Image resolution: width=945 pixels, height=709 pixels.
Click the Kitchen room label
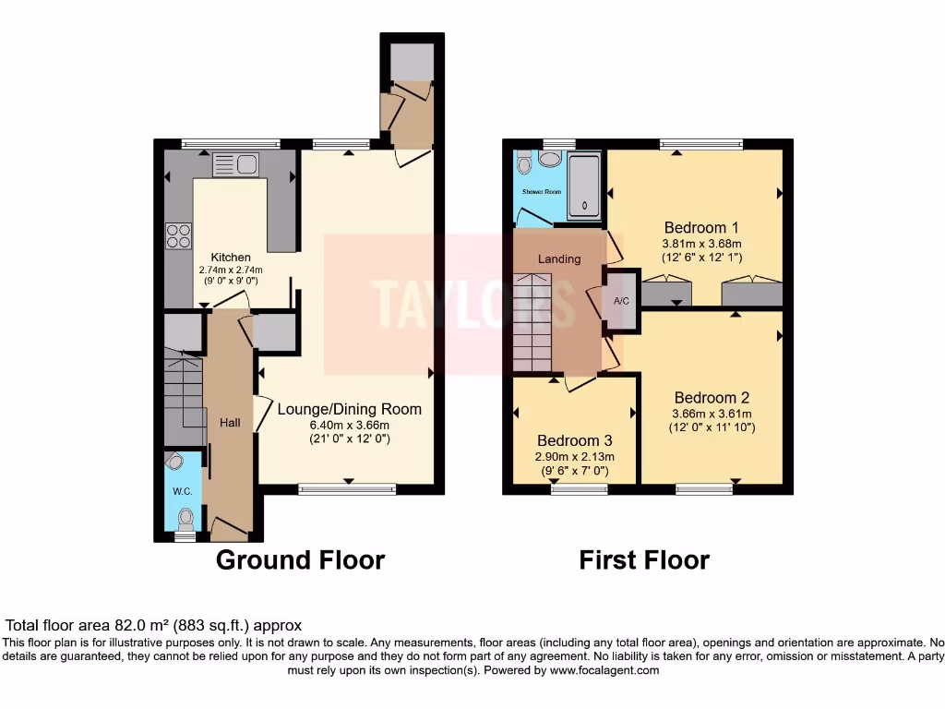tap(231, 258)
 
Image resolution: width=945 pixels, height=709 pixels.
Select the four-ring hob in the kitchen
tap(178, 237)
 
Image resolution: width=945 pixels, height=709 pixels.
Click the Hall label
tap(230, 423)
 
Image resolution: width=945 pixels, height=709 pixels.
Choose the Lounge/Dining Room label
tap(349, 409)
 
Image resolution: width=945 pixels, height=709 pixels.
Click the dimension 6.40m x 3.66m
tap(349, 425)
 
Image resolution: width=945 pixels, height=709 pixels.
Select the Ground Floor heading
tap(300, 559)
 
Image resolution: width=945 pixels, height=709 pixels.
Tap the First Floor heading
tap(644, 559)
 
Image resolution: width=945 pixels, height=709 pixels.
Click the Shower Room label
tap(542, 192)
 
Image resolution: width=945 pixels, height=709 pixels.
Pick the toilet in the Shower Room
tap(525, 164)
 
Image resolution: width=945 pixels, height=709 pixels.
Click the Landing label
tap(559, 258)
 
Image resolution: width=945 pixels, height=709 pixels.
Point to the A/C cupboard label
tap(622, 300)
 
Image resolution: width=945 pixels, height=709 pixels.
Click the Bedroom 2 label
tap(712, 399)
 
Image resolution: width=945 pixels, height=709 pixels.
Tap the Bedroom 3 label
tap(575, 441)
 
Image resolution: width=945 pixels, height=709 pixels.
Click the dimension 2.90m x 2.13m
tap(575, 457)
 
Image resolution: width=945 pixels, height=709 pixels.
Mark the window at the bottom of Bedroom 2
tap(704, 488)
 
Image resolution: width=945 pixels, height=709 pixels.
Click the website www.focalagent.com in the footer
tap(604, 670)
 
